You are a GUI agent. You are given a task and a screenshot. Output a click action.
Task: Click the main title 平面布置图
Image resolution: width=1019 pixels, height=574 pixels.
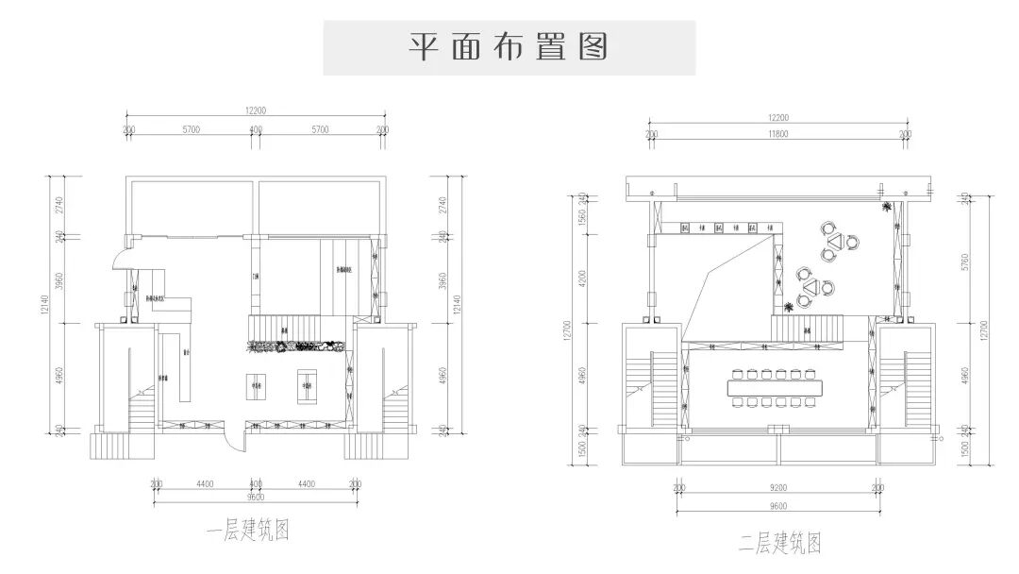click(x=509, y=47)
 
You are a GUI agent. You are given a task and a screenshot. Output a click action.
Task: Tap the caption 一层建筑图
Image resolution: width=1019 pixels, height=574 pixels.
click(x=247, y=532)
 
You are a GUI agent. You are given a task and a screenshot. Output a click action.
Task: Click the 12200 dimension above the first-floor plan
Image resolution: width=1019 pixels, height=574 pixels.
click(x=255, y=110)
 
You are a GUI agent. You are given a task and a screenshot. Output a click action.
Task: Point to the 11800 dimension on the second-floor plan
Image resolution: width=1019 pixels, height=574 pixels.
click(x=777, y=135)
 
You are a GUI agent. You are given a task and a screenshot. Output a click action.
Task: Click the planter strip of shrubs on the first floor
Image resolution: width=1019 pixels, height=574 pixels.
click(x=295, y=346)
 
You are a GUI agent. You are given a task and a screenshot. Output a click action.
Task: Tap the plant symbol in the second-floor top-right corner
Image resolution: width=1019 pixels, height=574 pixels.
click(x=886, y=207)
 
